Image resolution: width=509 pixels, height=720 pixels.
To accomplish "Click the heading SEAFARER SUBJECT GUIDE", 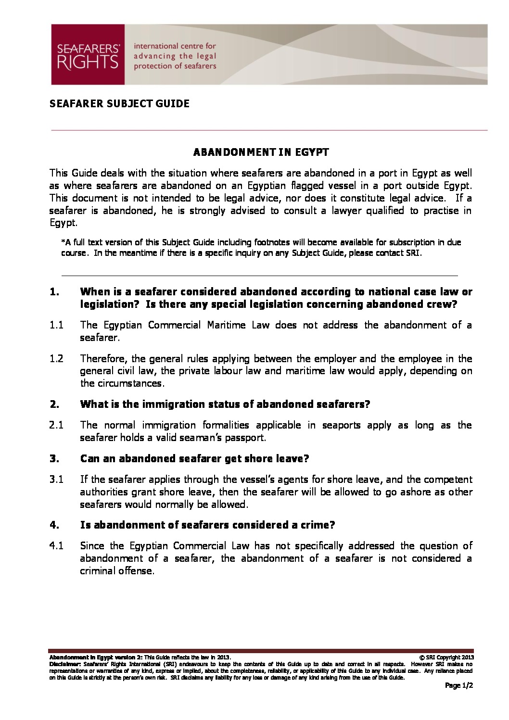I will (119, 103).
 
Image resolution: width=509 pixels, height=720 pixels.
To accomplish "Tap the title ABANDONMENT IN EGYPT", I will (261, 152).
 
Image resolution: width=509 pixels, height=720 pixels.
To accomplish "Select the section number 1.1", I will (56, 325).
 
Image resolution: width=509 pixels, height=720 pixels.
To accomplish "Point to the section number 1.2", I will (56, 359).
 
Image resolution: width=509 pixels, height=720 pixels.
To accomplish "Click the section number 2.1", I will (56, 425).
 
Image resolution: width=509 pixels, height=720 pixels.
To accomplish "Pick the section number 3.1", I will (56, 480).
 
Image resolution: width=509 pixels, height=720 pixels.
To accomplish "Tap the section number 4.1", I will (56, 546).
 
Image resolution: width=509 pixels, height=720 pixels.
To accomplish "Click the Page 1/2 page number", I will (459, 686).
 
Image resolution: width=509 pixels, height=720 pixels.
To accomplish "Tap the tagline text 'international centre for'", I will (175, 46).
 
